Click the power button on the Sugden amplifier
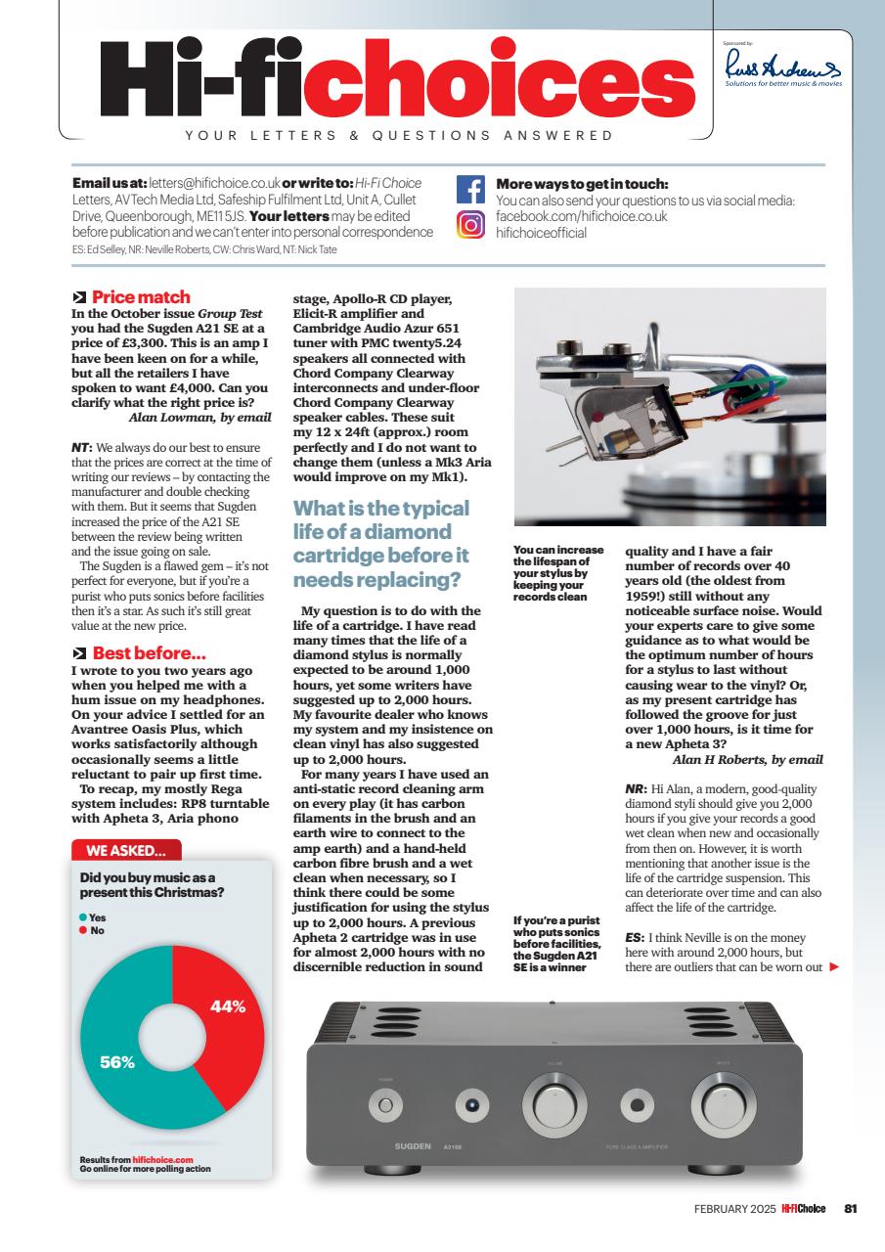point(385,1106)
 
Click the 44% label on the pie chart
point(227,1006)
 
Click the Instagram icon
point(471,225)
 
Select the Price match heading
point(141,296)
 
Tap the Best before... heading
point(148,652)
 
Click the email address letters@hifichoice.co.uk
point(214,183)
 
